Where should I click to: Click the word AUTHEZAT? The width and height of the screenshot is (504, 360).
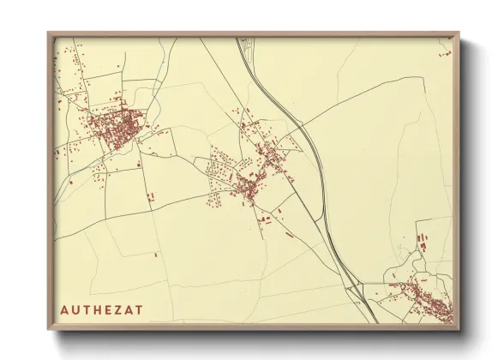pos(102,309)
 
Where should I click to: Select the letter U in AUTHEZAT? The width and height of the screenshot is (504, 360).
pos(75,309)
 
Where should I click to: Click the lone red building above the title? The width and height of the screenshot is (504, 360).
pos(157,254)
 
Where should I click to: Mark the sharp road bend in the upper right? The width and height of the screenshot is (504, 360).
pos(423,78)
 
